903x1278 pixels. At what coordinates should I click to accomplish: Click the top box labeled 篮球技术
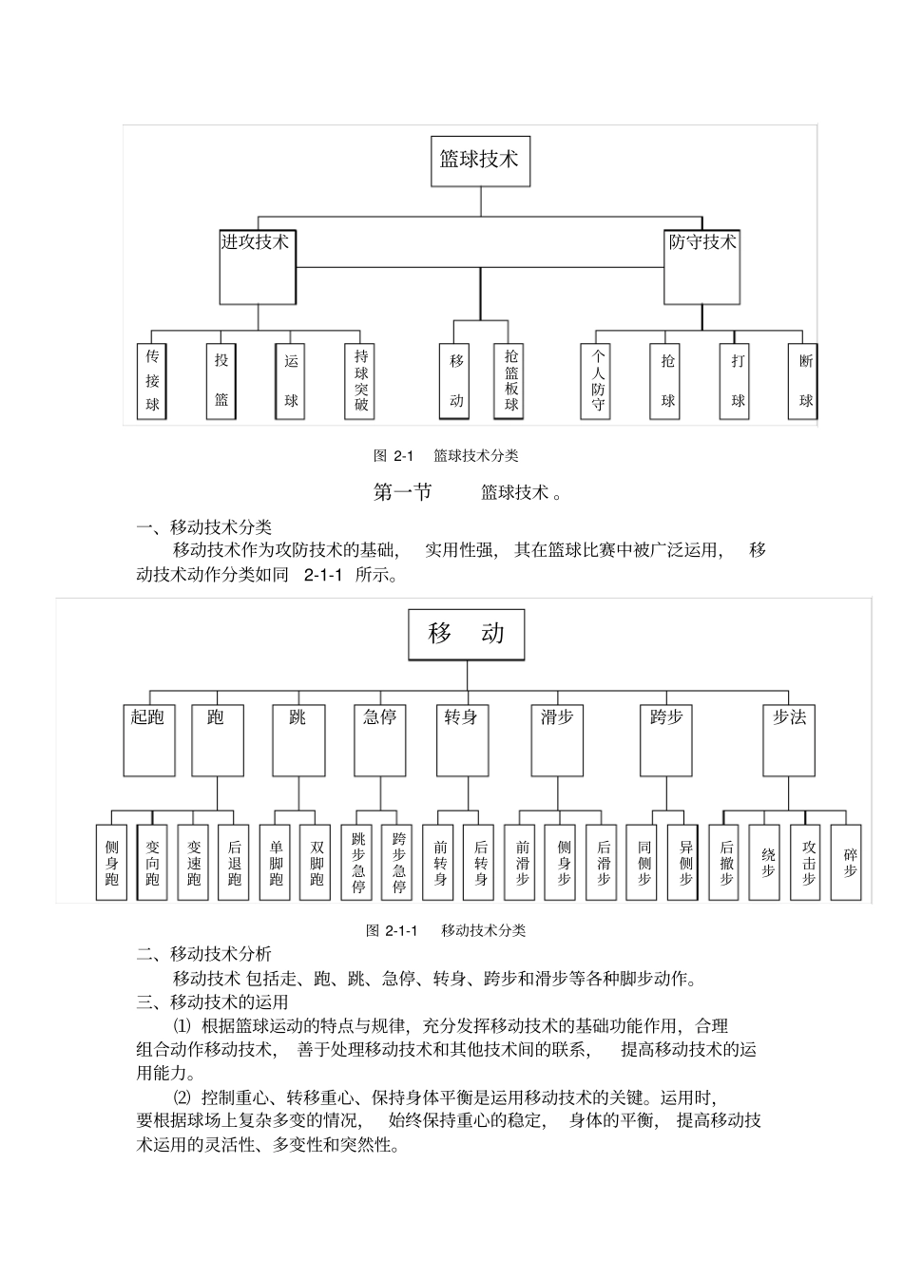pos(479,161)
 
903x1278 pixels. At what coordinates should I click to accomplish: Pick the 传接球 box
pos(152,381)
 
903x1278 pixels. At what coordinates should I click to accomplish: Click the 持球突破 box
pos(361,381)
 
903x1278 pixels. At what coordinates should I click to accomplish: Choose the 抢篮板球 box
pos(511,381)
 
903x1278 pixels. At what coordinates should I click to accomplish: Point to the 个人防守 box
pos(598,381)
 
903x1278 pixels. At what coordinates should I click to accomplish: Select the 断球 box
pos(805,381)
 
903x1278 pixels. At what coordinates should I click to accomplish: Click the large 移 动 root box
pos(466,634)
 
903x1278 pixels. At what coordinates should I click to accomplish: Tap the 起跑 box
pos(148,739)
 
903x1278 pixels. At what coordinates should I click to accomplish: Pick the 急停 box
pos(379,739)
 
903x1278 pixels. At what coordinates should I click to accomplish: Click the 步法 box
pos(789,739)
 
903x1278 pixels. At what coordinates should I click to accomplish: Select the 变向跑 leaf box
pos(152,863)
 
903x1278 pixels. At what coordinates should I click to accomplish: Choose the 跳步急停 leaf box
pos(358,863)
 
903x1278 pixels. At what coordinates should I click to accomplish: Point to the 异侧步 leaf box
pos(685,863)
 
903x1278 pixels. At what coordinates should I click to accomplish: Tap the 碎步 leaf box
pos(849,861)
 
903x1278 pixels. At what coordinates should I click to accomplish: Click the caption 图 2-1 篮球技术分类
pos(446,456)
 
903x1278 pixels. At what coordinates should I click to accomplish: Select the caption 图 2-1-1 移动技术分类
pos(446,930)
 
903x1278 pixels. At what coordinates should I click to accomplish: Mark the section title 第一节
pos(403,492)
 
